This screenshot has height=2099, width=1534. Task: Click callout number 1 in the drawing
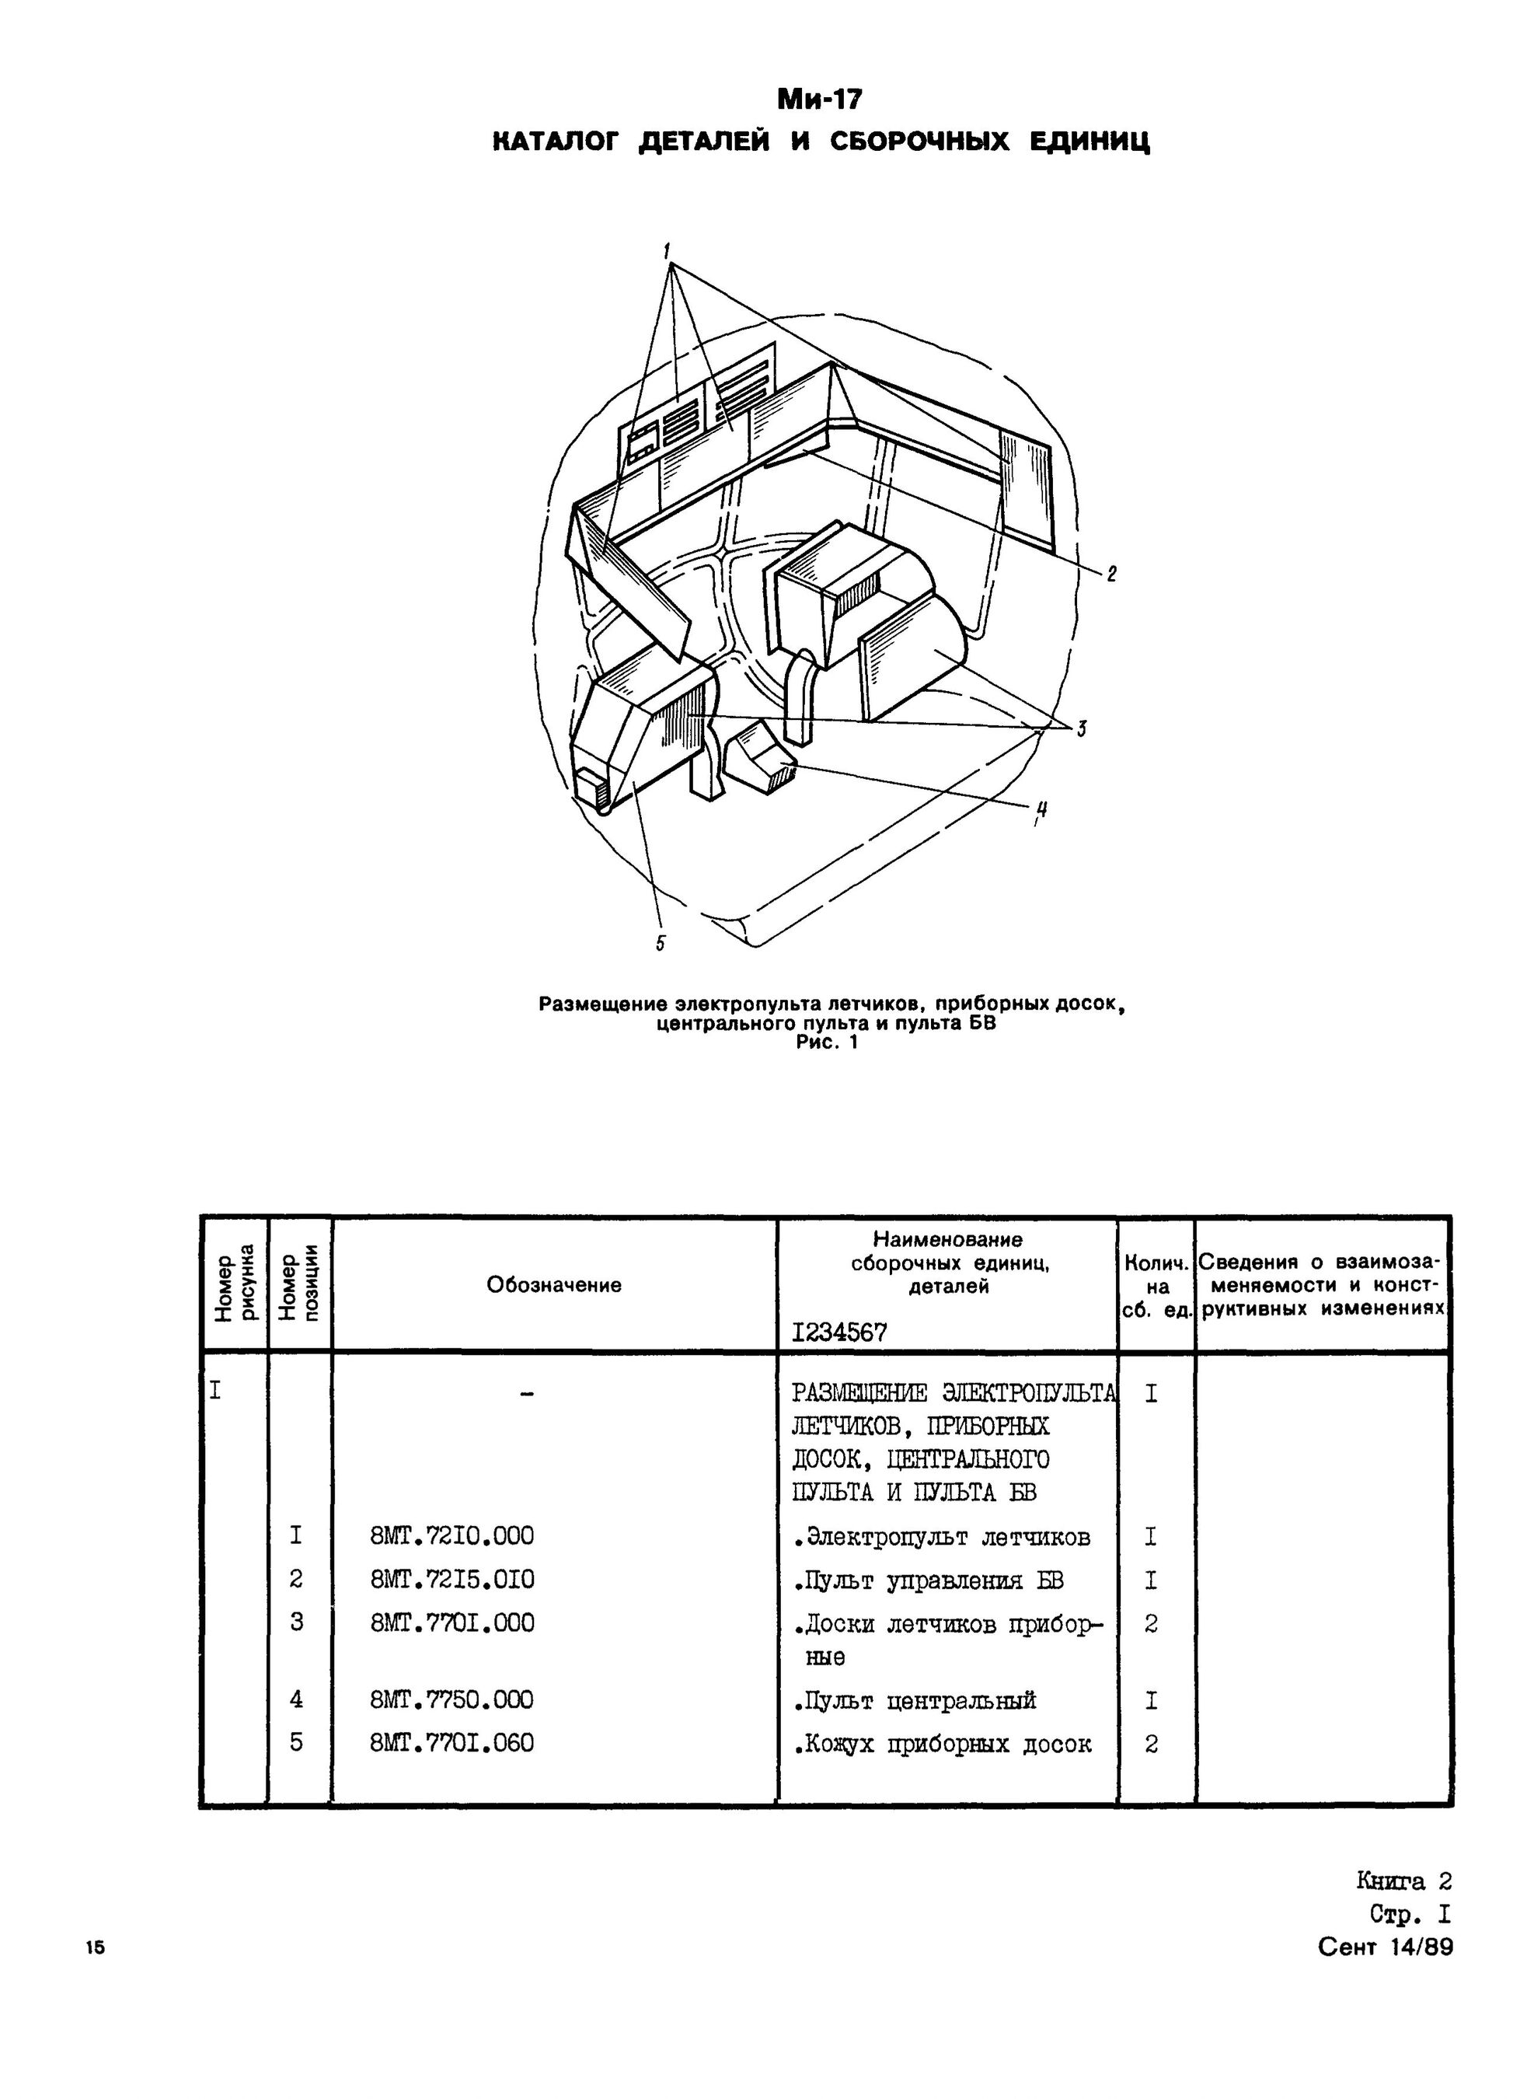click(x=667, y=251)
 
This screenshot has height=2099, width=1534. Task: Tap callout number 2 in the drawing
click(x=1110, y=574)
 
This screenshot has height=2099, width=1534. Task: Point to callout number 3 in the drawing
click(x=1082, y=730)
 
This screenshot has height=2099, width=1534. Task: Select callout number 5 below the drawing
click(x=661, y=944)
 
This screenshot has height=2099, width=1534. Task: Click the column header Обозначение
click(x=553, y=1284)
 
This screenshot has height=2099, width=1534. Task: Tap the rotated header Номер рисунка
click(x=234, y=1284)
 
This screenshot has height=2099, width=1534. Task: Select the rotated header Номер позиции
click(x=300, y=1284)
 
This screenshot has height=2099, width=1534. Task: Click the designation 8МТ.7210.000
click(x=452, y=1536)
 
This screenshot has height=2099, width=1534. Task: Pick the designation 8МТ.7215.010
click(x=452, y=1579)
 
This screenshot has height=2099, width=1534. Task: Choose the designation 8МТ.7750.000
click(x=452, y=1699)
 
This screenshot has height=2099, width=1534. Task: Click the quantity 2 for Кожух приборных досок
click(x=1152, y=1745)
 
